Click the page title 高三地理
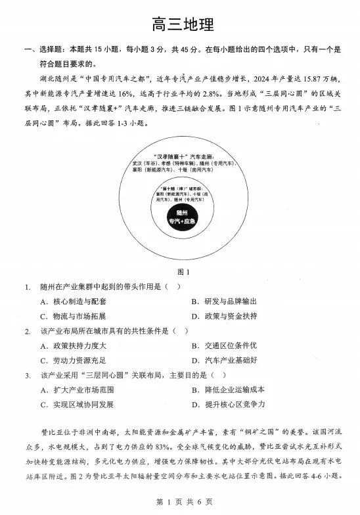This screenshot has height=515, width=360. pos(179,26)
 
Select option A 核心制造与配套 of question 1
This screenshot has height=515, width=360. pos(73,302)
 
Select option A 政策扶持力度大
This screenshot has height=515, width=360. pos(73,346)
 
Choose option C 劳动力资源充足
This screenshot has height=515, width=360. pos(73,360)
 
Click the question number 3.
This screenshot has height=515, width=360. pos(28,375)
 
